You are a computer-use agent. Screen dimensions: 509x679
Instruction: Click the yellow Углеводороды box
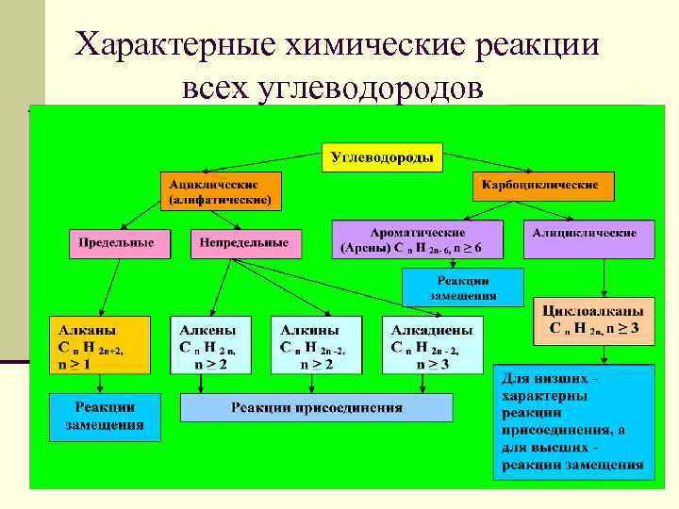tap(383, 157)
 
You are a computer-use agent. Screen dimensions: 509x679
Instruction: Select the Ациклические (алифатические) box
tap(220, 190)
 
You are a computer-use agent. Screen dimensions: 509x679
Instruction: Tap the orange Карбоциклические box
tap(542, 185)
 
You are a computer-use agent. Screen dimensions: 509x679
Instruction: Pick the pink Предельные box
tap(117, 242)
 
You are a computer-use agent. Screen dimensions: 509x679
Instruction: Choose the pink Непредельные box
tap(244, 242)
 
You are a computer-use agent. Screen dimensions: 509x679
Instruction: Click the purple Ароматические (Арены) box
tap(418, 240)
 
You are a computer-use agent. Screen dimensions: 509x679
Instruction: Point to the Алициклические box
tap(590, 239)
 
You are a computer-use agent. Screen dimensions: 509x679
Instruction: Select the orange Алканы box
tap(100, 346)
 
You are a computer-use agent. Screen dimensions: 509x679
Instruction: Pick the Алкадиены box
tap(431, 346)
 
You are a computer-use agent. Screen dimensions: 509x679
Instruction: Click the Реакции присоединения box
tap(316, 407)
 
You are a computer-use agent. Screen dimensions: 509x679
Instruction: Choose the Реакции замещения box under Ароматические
tap(462, 287)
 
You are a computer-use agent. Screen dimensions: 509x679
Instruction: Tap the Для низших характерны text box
tap(572, 420)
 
